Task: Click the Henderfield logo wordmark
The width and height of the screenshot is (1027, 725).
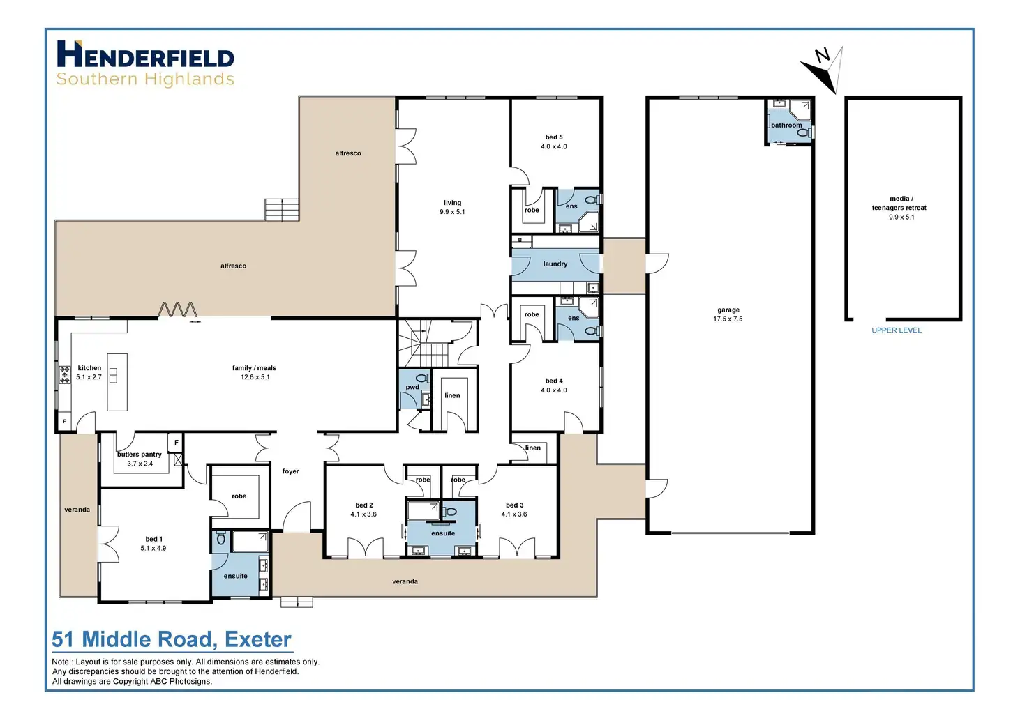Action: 145,55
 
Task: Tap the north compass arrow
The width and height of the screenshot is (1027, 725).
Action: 823,68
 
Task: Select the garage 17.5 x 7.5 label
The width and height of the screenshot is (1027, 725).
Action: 728,314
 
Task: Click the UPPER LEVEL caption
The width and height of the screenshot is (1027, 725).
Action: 896,330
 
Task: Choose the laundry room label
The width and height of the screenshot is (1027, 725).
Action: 555,264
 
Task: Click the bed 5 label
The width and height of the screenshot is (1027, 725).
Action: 554,137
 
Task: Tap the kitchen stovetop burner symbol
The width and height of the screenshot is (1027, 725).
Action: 64,375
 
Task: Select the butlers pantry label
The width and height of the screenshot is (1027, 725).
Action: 140,455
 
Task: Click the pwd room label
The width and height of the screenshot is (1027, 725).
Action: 412,388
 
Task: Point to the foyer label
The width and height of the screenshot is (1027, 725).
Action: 290,471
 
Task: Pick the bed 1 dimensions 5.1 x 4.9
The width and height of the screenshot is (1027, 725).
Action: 153,548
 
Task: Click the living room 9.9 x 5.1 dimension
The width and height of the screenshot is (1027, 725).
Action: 452,212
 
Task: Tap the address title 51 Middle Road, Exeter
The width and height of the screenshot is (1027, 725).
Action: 172,639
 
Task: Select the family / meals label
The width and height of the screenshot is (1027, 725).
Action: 254,368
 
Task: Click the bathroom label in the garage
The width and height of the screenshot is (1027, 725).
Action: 786,125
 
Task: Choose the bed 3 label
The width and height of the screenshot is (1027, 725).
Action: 514,505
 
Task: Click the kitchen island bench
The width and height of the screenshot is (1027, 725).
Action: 117,381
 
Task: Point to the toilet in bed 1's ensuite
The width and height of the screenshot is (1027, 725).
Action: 221,538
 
